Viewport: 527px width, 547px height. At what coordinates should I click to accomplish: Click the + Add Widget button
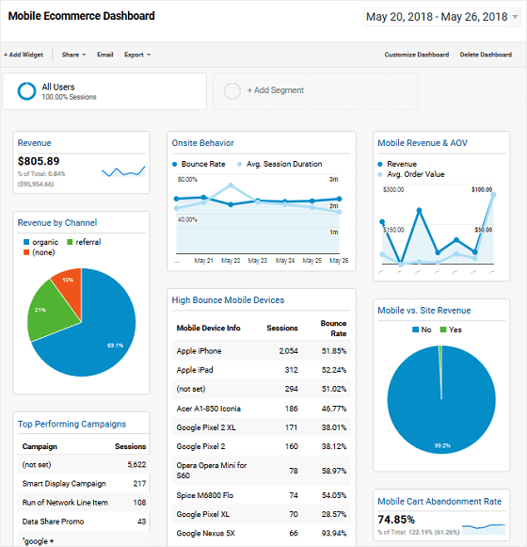coord(24,55)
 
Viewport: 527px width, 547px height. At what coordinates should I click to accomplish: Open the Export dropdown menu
coord(136,55)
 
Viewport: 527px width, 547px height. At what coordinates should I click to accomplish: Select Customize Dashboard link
coord(416,55)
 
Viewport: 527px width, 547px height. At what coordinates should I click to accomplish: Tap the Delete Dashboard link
coord(486,55)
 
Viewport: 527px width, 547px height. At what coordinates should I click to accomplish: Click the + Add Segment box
coord(314,91)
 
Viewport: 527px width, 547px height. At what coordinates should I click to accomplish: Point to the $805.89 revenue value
coord(39,161)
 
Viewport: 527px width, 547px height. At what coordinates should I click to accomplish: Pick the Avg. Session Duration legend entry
coord(283,164)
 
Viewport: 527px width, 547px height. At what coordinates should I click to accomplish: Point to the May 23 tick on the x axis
coord(257,261)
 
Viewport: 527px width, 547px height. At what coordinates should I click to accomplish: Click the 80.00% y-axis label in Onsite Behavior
coord(187,179)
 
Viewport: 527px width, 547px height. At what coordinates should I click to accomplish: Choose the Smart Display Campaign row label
coord(64,484)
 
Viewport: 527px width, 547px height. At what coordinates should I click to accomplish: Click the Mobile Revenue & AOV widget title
coord(422,143)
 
